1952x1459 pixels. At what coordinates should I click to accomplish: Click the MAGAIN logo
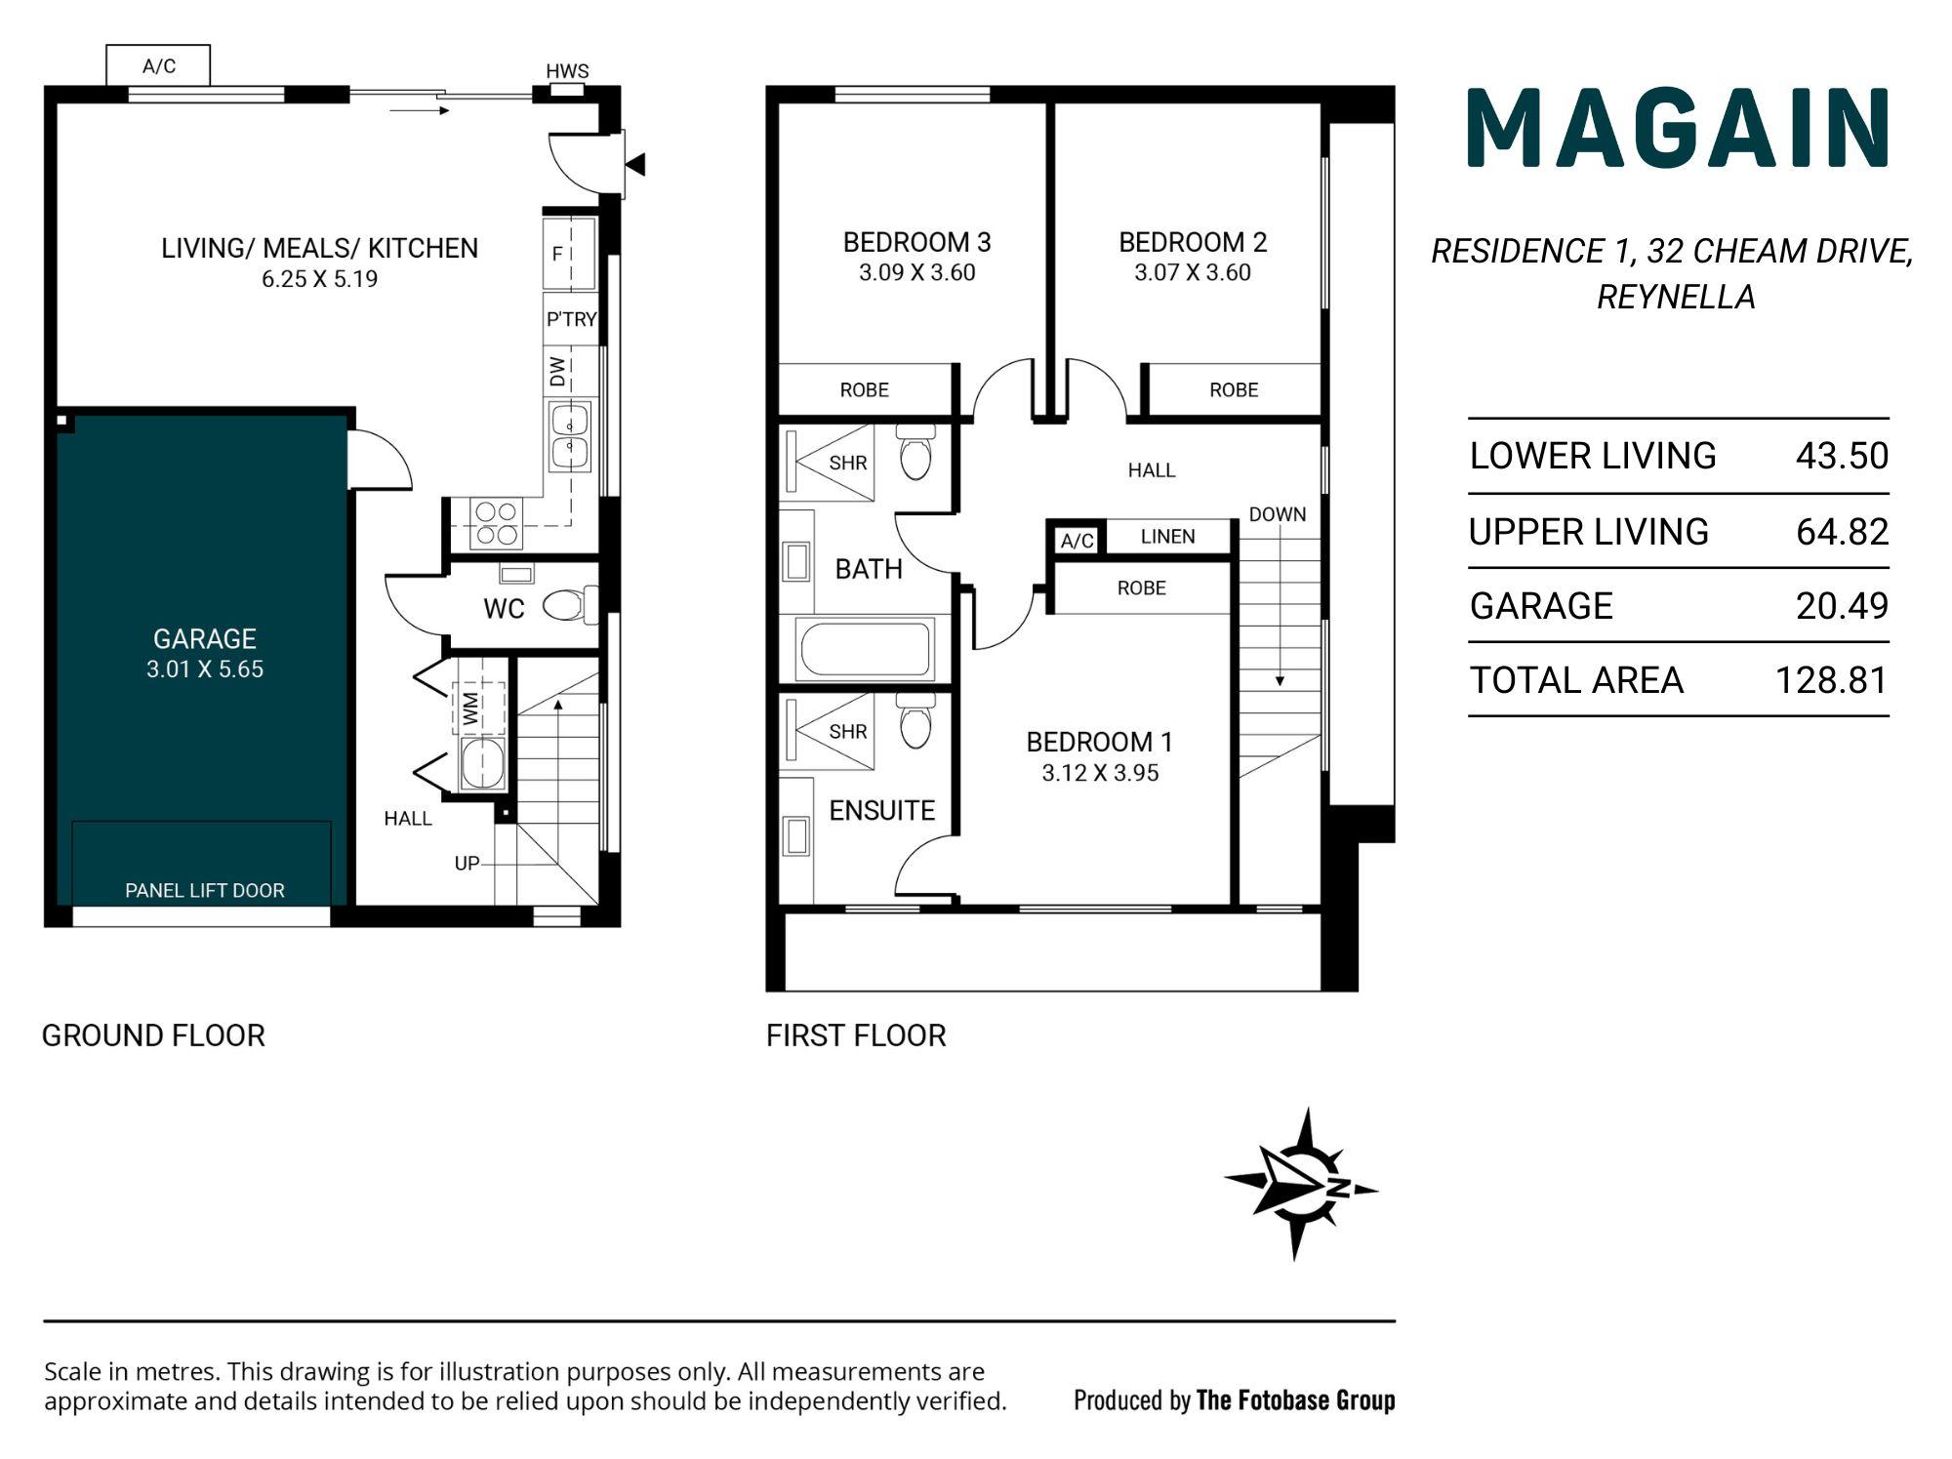coord(1679,129)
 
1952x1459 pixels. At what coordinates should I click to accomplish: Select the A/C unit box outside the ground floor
coord(158,65)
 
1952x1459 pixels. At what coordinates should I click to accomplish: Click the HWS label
coord(567,71)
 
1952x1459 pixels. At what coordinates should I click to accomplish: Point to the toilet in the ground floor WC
coord(570,605)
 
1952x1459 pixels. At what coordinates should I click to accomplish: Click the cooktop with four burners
coord(496,523)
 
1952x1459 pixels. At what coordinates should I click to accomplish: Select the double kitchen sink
coord(570,436)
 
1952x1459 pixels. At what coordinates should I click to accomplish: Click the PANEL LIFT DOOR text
coord(205,890)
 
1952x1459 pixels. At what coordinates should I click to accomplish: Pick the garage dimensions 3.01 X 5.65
coord(205,669)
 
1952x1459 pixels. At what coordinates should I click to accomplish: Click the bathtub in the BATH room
coord(865,649)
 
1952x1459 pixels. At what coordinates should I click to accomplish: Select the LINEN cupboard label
coord(1167,537)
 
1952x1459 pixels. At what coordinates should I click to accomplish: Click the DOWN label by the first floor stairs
coord(1278,514)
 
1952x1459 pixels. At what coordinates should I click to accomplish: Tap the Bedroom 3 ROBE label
coord(865,390)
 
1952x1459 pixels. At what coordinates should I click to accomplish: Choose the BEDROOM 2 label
coord(1193,242)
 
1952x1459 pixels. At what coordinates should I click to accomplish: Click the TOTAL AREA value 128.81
coord(1832,680)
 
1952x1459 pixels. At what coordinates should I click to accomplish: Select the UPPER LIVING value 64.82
coord(1843,532)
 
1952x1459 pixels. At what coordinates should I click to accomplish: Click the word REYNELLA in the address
coord(1676,297)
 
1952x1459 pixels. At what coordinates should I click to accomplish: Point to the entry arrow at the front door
coord(635,165)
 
